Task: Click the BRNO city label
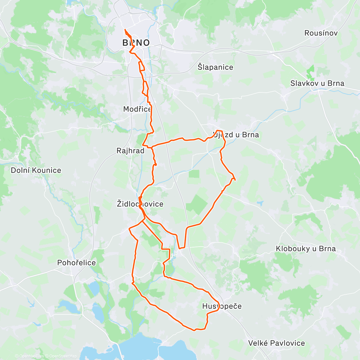[x=136, y=43]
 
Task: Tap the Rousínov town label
[x=321, y=33]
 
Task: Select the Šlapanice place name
[x=215, y=67]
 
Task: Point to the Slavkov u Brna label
[x=317, y=83]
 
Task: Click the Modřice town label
[x=137, y=109]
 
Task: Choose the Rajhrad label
[x=130, y=151]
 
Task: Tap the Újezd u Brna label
[x=236, y=135]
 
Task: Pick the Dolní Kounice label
[x=36, y=170]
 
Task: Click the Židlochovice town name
[x=140, y=204]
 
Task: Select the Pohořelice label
[x=76, y=263]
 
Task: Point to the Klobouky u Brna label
[x=306, y=249]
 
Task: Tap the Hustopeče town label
[x=222, y=306]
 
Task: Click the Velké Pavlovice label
[x=276, y=343]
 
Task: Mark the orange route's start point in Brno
[x=125, y=29]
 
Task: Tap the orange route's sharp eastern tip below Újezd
[x=235, y=180]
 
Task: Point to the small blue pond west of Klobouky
[x=260, y=204]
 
